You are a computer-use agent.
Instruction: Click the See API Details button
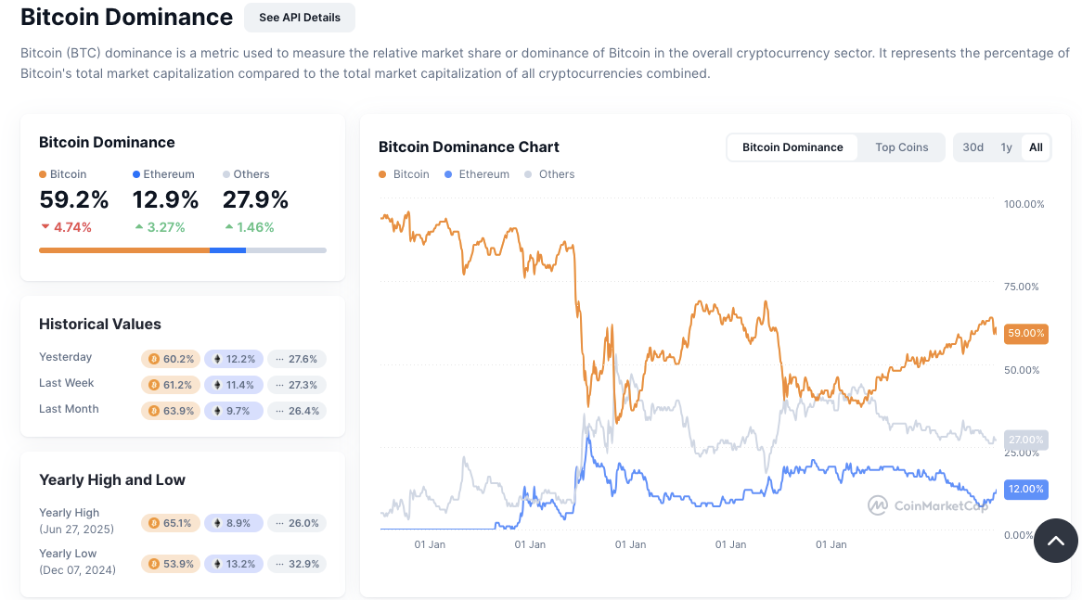(x=299, y=18)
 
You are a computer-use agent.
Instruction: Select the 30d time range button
(x=973, y=147)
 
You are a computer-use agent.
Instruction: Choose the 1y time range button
(x=1006, y=147)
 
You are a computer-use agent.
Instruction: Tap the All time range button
(x=1036, y=147)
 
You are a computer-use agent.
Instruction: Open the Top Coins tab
(x=901, y=147)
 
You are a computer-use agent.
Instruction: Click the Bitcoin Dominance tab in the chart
(x=792, y=147)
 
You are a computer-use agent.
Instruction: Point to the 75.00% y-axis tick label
(x=1024, y=287)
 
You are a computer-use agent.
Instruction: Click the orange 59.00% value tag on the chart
(x=1025, y=333)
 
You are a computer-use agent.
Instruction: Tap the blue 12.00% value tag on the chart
(x=1025, y=489)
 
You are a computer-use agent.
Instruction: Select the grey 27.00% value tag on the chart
(x=1025, y=440)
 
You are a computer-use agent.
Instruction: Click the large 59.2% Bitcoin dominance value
(x=74, y=200)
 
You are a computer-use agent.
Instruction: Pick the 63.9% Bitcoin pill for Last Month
(x=170, y=411)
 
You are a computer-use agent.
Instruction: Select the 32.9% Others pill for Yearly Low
(x=297, y=564)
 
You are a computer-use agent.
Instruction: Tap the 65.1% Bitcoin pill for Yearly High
(x=170, y=523)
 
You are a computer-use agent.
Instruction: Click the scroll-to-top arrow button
(x=1056, y=541)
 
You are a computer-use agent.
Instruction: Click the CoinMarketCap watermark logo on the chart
(x=928, y=505)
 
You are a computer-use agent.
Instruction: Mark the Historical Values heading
(x=100, y=325)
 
